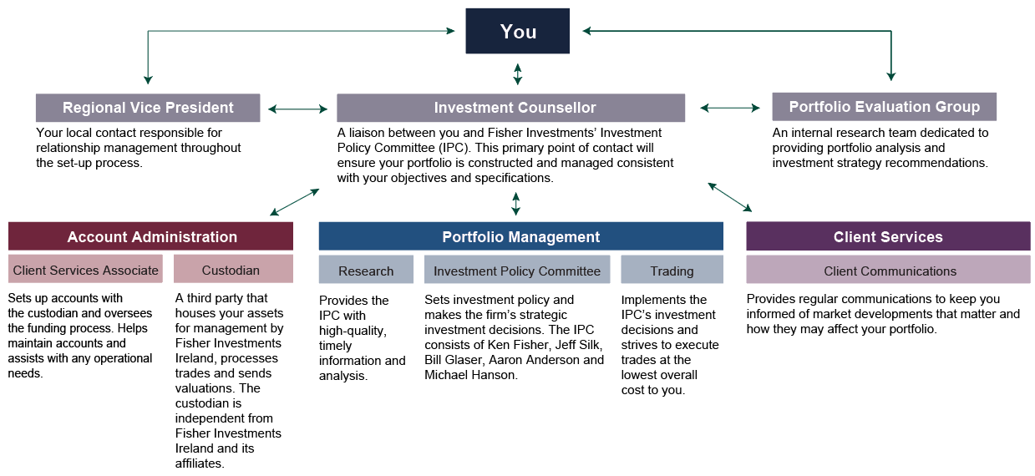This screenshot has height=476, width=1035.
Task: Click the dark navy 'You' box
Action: (x=518, y=31)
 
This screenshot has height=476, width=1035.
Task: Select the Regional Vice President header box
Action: (x=148, y=108)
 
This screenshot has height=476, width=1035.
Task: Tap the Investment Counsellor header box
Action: (x=511, y=108)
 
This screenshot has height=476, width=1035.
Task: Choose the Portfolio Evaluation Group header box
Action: (x=885, y=107)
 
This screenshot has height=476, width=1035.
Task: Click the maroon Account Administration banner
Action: (x=150, y=236)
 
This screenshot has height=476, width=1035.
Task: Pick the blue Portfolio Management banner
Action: (x=521, y=236)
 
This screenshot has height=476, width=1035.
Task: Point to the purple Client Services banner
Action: (x=888, y=236)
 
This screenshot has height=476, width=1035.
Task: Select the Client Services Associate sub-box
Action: (x=85, y=269)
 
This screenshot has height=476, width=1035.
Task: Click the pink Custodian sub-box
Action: (x=233, y=269)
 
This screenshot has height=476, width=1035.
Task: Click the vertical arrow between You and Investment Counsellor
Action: (x=518, y=74)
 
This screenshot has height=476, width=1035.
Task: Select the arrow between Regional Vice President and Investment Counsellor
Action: (x=298, y=109)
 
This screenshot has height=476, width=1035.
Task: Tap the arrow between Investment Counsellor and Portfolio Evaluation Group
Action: (x=730, y=108)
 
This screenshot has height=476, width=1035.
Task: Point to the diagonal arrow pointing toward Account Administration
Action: (x=294, y=202)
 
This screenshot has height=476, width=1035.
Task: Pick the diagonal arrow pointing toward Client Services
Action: (x=730, y=197)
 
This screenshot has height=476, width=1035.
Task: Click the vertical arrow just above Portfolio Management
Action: (x=516, y=204)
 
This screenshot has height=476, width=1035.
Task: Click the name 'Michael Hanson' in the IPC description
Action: (x=470, y=375)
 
